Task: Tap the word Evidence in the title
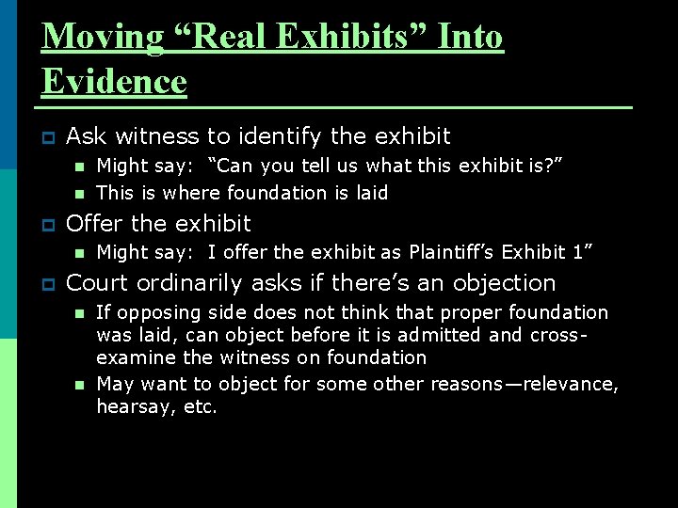(x=114, y=82)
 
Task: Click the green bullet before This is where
(x=79, y=194)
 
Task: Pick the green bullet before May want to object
(x=79, y=385)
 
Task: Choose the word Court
(x=101, y=282)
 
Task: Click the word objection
(x=503, y=282)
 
